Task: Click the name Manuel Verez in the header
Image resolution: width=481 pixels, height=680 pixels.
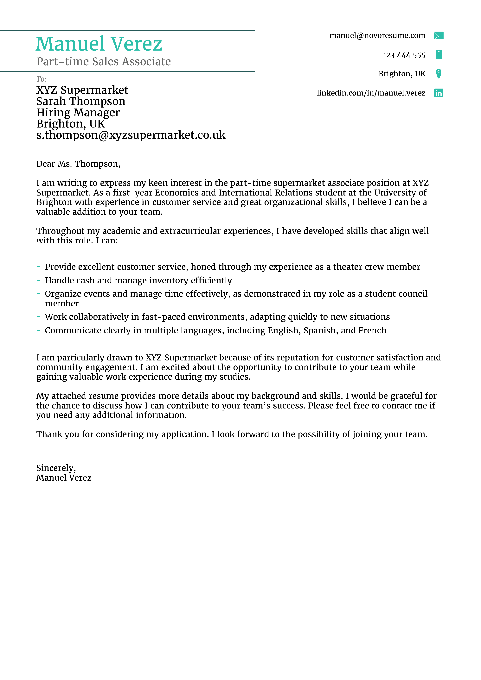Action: [x=99, y=44]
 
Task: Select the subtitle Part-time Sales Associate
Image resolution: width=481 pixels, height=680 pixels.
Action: [x=103, y=62]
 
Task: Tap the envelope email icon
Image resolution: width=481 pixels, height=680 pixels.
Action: [x=438, y=35]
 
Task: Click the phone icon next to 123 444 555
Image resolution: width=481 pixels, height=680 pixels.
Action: [x=438, y=55]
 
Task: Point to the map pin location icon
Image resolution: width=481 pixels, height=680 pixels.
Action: [x=438, y=73]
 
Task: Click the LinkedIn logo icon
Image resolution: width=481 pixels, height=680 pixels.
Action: [x=438, y=93]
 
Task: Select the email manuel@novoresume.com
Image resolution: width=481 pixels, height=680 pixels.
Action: [x=377, y=35]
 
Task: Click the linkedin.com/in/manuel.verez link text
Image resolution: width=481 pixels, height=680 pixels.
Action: [x=371, y=93]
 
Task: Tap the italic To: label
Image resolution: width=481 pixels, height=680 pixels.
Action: [x=41, y=79]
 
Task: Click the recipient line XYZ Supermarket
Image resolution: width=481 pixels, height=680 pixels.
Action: [x=82, y=90]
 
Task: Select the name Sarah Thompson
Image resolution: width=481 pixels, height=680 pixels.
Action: [x=81, y=101]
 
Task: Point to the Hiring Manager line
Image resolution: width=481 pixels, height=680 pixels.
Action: [x=78, y=113]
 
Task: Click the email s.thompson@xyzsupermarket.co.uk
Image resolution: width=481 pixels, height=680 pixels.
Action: [x=131, y=135]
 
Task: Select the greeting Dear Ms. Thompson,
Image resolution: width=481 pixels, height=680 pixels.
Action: [x=78, y=164]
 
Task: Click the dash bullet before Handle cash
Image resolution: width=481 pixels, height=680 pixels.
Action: [x=39, y=280]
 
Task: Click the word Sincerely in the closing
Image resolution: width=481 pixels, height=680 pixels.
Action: [x=55, y=468]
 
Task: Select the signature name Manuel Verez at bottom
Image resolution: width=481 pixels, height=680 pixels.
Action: [x=64, y=478]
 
